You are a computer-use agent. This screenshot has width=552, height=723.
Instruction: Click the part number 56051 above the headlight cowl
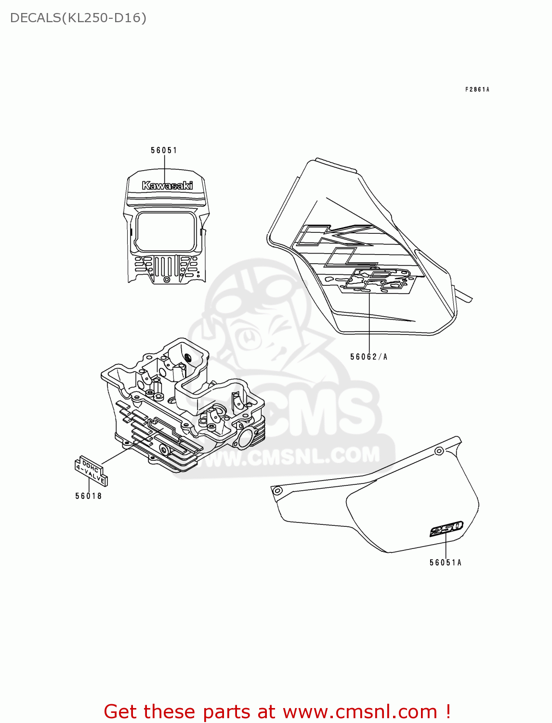point(164,150)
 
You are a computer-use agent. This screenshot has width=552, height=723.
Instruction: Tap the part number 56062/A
point(368,357)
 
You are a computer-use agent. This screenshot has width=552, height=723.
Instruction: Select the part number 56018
point(89,496)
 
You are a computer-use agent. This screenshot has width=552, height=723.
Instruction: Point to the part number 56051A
point(446,562)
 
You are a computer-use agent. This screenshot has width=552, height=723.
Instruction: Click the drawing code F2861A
point(477,90)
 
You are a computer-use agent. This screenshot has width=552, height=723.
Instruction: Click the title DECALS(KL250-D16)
point(78,18)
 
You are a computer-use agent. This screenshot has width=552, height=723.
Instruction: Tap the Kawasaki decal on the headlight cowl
point(167,186)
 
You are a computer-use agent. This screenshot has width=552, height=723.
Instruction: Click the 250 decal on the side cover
point(447,529)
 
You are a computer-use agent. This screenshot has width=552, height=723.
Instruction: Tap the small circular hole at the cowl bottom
point(167,280)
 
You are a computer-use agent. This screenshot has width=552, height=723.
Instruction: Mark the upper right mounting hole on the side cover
point(438,451)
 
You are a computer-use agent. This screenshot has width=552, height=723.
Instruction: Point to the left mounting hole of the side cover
point(277,491)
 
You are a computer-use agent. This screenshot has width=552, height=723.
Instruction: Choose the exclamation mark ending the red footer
point(447,711)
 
